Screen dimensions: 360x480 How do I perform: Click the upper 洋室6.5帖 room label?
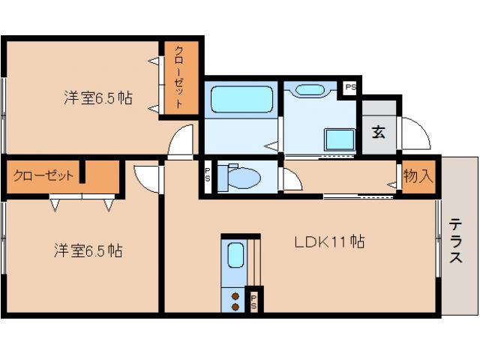97,97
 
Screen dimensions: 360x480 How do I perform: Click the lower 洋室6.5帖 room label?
88,250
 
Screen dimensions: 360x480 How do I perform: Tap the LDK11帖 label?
329,241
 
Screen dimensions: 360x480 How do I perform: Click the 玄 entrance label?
379,133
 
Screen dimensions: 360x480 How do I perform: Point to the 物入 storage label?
418,177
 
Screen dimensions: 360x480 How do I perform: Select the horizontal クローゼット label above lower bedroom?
43,176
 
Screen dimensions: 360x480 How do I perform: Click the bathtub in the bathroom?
240,99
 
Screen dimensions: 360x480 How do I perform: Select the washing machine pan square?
339,140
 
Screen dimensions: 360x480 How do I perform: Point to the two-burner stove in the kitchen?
235,300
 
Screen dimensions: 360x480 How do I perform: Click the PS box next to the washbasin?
349,88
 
